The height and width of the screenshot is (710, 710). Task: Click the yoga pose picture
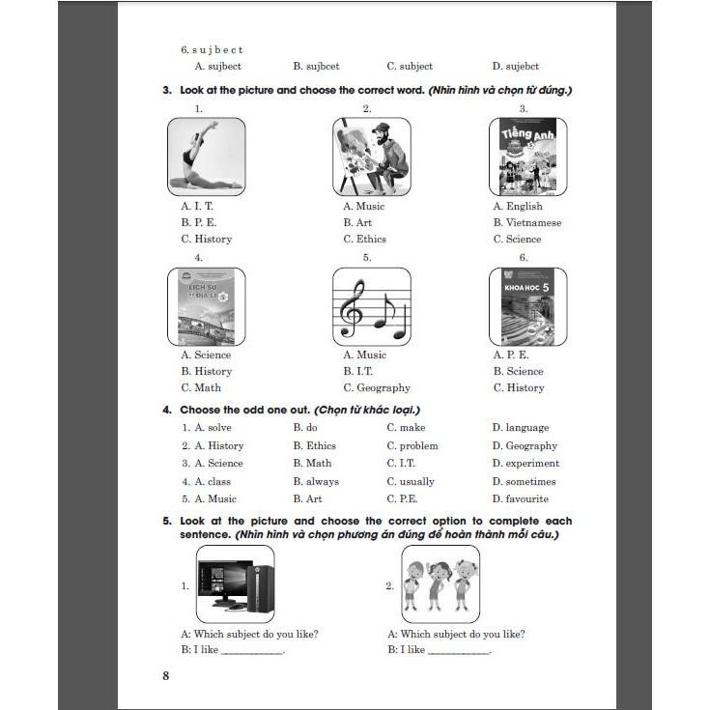206,156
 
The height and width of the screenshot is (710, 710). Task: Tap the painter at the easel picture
371,156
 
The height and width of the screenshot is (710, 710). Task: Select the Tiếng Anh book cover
527,156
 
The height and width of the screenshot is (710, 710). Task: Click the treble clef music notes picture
371,305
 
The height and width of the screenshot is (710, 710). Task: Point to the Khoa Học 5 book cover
527,305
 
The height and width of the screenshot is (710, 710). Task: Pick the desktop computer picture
235,584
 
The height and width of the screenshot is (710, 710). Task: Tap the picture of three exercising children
440,584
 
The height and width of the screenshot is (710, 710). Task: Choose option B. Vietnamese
526,222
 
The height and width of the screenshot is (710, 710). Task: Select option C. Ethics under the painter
364,239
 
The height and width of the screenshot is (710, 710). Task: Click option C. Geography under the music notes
377,387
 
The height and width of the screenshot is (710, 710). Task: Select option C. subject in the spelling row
410,67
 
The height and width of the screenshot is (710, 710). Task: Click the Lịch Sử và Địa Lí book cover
206,305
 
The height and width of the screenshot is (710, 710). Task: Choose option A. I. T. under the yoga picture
197,206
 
